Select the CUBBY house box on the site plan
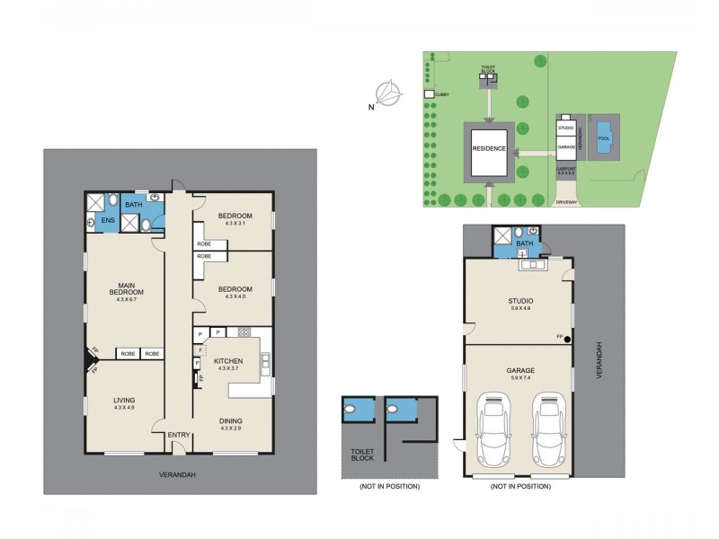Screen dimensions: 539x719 [430, 93]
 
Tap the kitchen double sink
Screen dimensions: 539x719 [265, 363]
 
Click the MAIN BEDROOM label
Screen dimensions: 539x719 [125, 288]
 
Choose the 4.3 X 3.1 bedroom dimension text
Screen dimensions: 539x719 [235, 223]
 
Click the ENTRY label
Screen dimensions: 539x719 [178, 436]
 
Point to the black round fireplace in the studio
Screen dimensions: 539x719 [568, 339]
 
